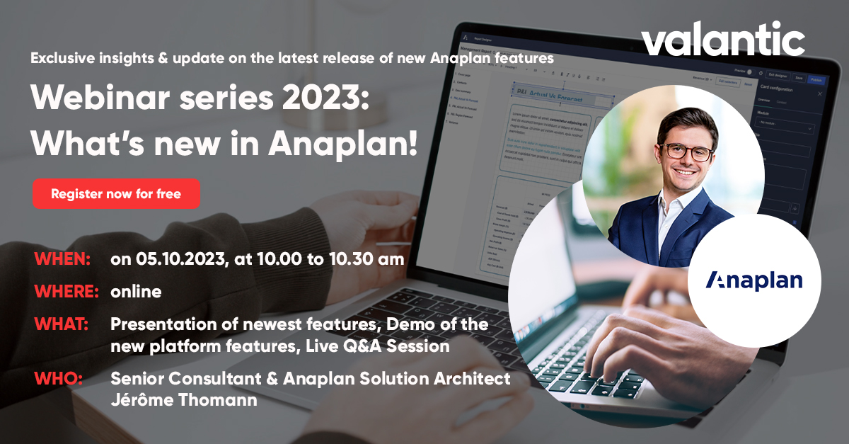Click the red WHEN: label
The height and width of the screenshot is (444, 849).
click(62, 259)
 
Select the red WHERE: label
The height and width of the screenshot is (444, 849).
click(67, 292)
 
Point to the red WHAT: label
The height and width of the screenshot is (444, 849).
click(62, 324)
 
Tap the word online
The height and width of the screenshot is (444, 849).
click(136, 292)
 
